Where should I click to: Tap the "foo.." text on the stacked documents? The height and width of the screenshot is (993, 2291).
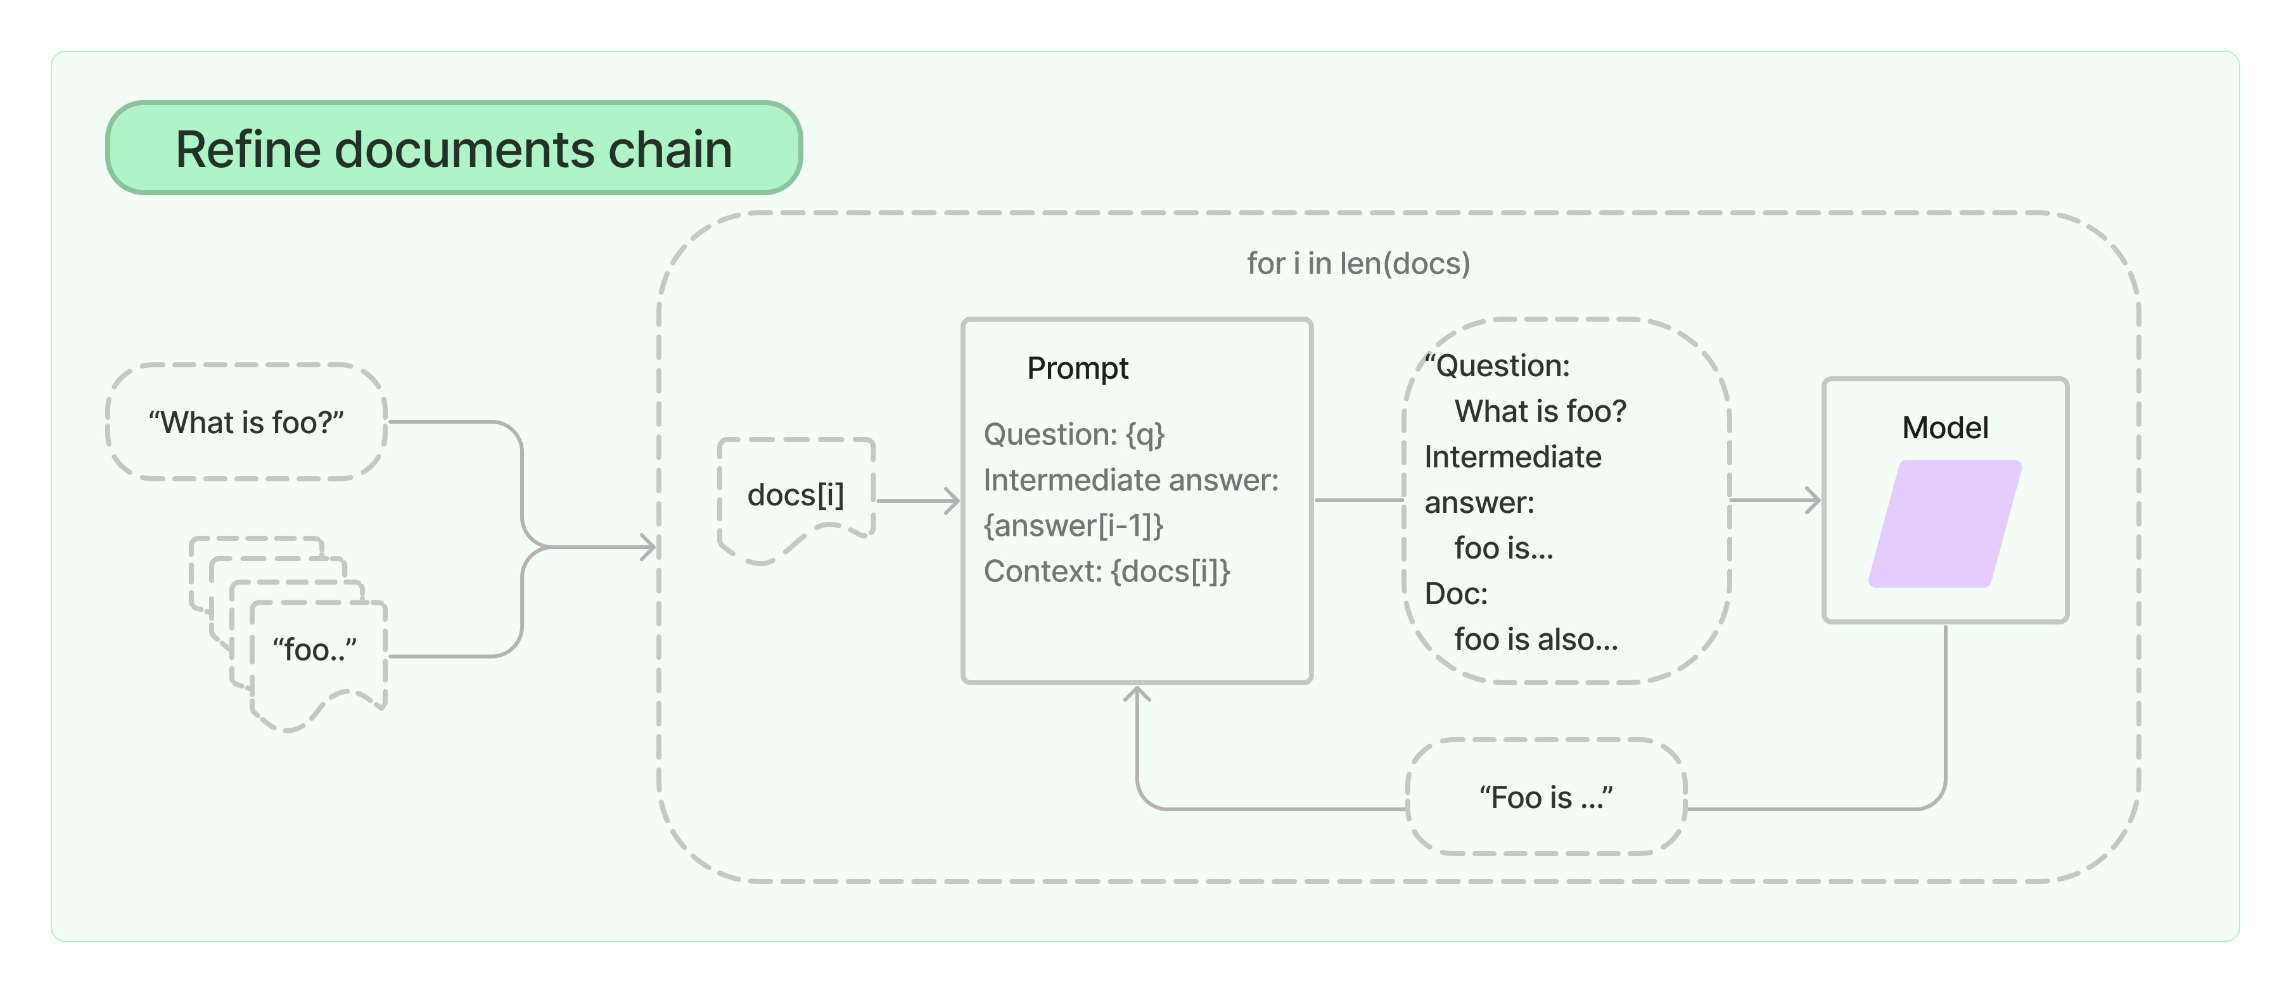(314, 650)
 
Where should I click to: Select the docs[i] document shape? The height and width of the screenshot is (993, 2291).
(795, 495)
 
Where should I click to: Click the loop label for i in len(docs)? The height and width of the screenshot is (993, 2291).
(1357, 263)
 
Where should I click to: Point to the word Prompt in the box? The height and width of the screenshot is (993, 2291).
(1077, 368)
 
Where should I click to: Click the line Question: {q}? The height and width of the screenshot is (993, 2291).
(1073, 434)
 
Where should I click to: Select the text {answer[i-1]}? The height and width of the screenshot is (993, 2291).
(1073, 526)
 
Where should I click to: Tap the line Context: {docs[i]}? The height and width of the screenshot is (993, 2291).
(1106, 571)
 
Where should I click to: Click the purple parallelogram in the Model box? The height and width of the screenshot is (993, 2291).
(1945, 524)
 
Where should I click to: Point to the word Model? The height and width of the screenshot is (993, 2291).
(1944, 427)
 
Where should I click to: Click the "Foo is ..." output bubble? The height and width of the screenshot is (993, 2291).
(1546, 797)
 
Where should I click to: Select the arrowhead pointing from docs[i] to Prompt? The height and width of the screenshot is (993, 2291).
(954, 500)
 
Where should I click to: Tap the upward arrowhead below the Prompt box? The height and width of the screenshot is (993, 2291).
(1137, 693)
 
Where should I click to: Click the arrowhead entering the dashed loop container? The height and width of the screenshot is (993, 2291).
(649, 547)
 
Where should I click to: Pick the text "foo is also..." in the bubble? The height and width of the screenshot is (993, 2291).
(1536, 639)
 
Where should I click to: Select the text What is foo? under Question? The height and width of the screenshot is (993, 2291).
(1540, 412)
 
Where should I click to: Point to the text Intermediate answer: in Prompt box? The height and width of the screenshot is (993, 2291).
(1130, 480)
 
